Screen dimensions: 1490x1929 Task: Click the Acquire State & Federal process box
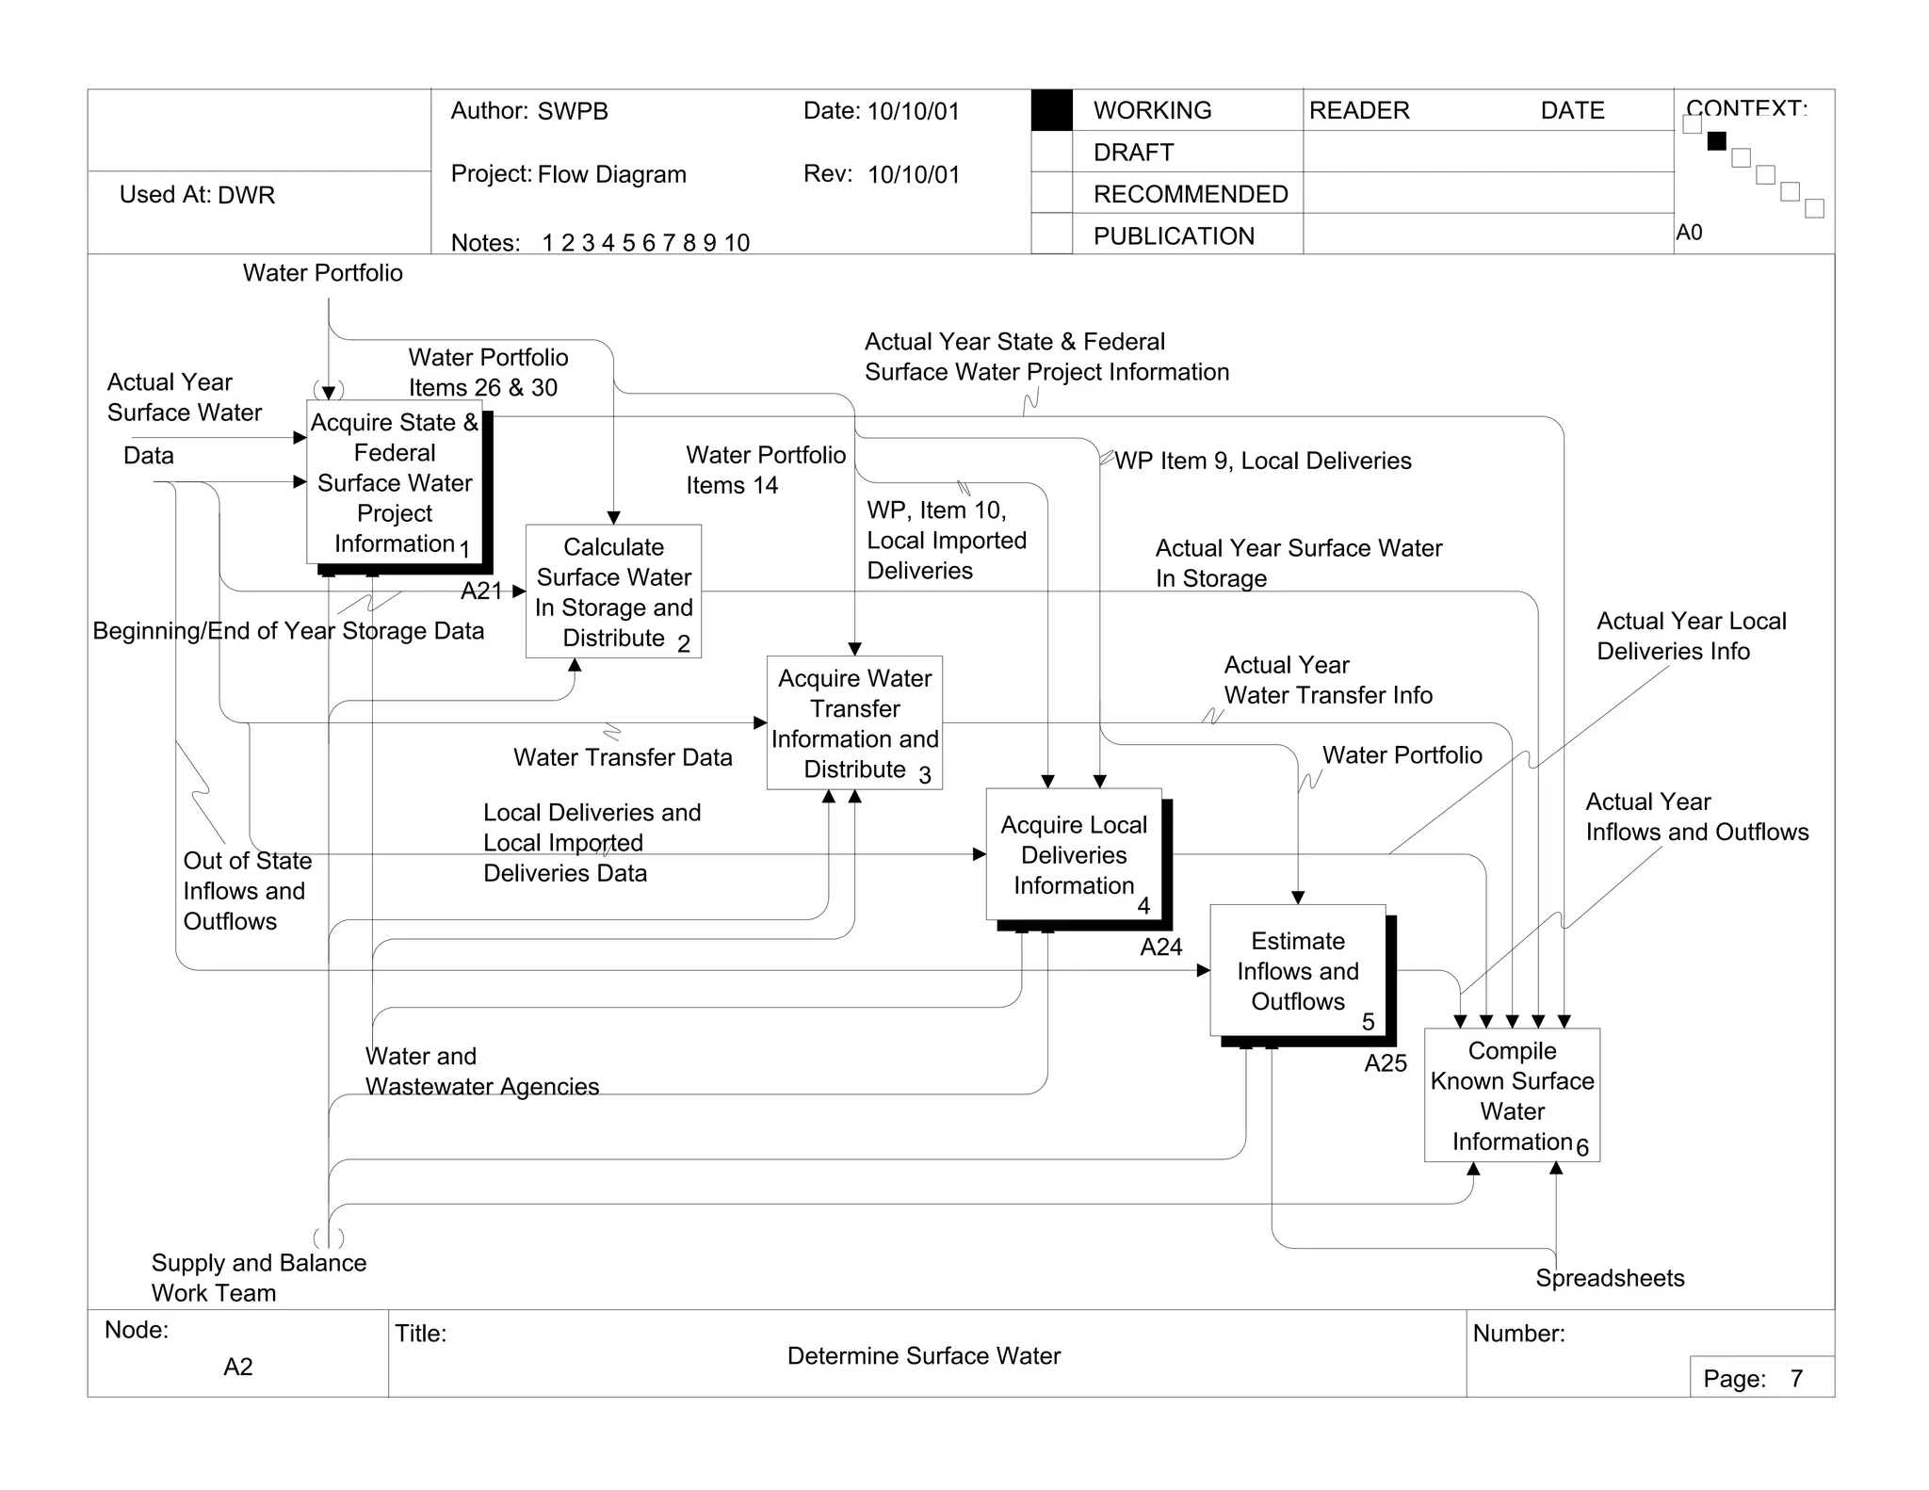[395, 482]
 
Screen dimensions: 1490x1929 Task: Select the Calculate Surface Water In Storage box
[613, 591]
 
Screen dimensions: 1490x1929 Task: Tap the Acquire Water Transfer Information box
[854, 722]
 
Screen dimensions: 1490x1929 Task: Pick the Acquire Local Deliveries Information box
[1073, 854]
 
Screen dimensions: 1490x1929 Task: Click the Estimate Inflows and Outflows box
[1297, 970]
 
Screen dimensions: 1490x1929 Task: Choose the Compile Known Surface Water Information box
[1512, 1094]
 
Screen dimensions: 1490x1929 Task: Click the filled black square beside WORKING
[1051, 110]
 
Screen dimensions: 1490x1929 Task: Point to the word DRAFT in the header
[1133, 153]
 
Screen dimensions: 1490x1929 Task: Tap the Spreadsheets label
[1609, 1278]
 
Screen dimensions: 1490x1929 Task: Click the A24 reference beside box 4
[1160, 947]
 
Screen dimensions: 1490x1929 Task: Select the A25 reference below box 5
[1385, 1063]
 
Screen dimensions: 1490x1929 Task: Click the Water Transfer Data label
[623, 757]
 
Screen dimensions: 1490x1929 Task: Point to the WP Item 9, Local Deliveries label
[1262, 461]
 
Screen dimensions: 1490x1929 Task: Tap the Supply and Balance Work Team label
[258, 1277]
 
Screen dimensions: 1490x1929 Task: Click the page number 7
[1796, 1379]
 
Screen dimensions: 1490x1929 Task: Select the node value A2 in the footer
[237, 1367]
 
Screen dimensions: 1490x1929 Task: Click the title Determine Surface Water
[923, 1355]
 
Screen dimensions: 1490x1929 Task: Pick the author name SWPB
[573, 111]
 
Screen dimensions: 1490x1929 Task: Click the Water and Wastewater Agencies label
[481, 1071]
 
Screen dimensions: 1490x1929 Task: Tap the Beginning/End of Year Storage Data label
[288, 631]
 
